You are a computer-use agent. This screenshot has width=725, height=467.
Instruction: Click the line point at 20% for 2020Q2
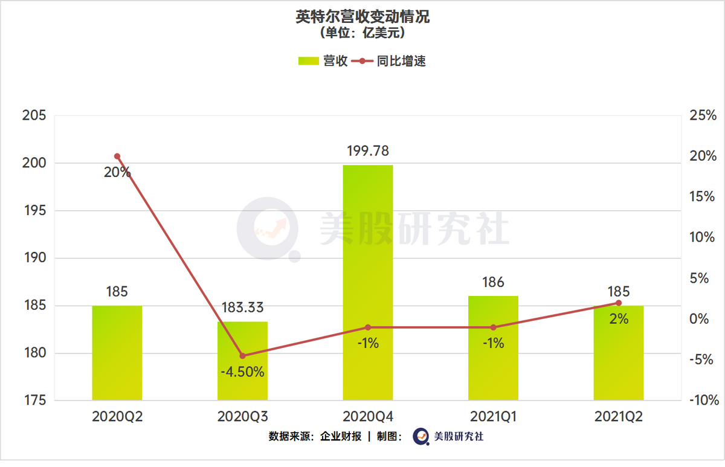[117, 156]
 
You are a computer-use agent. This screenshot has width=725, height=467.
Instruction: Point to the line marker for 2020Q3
[242, 356]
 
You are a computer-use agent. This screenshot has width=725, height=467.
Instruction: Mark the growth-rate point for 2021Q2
[618, 303]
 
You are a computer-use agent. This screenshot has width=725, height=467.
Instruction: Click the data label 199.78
[367, 151]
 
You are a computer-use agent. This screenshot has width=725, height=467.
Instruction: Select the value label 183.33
[242, 308]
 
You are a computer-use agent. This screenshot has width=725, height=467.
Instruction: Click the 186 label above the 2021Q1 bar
[493, 282]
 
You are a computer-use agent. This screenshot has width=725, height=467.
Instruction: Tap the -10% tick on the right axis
[702, 401]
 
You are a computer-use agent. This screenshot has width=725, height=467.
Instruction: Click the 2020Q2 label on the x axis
[117, 417]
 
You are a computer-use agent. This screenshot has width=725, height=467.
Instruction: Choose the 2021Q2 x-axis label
[618, 417]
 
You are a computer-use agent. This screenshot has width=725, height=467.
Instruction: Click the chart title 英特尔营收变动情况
[362, 16]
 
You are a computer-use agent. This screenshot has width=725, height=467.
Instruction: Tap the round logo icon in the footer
[420, 436]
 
